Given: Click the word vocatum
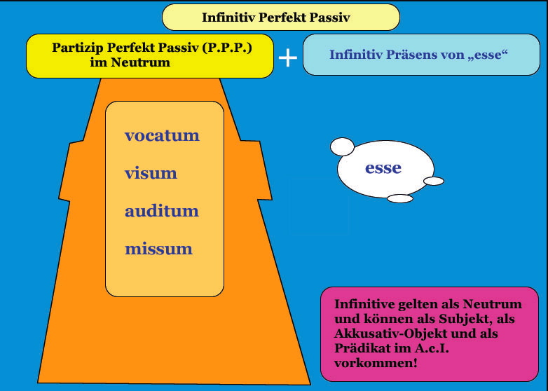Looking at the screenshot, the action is click(x=162, y=135).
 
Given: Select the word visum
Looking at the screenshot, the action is click(x=151, y=173).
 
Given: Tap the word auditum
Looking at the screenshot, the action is click(x=161, y=211).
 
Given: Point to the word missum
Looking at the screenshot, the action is click(x=158, y=249).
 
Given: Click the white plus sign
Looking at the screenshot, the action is click(x=287, y=57).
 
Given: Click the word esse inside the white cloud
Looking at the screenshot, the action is click(x=383, y=167).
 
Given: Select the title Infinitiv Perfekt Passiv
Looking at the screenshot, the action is click(x=275, y=17).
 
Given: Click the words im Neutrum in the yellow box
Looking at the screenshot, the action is click(x=130, y=62).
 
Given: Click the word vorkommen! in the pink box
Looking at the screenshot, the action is click(x=376, y=363).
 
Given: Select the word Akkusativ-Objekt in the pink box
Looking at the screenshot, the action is click(x=390, y=334).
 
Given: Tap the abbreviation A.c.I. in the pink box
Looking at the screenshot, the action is click(x=432, y=348).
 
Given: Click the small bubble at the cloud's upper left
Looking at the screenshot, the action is click(x=342, y=146).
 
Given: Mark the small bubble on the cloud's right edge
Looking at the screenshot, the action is click(x=434, y=181).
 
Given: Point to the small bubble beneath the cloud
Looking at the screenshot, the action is click(x=400, y=198).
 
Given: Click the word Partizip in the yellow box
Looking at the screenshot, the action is click(x=77, y=48).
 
